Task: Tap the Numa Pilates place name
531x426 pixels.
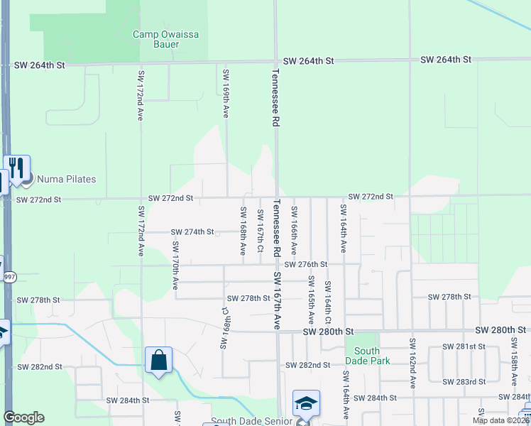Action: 66,180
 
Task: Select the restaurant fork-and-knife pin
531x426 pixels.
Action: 17,168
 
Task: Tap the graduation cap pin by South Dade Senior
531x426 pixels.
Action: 306,403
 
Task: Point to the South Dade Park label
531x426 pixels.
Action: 367,356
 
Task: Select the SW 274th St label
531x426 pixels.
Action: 192,232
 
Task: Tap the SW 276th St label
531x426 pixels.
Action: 306,264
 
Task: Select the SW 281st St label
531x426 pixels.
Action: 464,346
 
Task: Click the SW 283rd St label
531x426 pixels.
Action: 464,381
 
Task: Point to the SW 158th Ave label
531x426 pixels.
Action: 514,362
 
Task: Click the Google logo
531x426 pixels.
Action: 24,417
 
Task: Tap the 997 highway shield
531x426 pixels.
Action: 9,277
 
